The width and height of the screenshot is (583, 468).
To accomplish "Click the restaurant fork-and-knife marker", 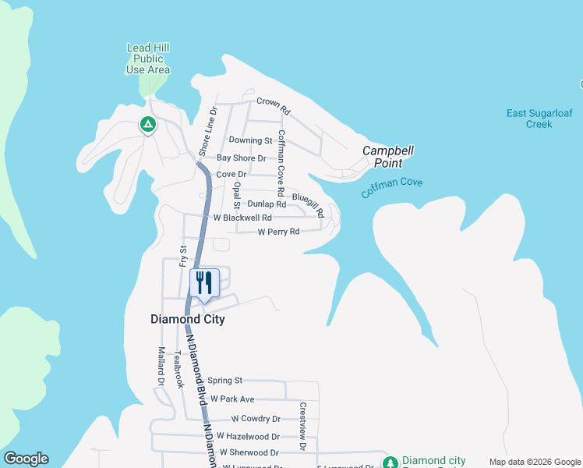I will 204,282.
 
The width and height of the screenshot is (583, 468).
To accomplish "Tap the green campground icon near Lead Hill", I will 147,123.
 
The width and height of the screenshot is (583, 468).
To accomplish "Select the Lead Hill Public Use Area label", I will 148,58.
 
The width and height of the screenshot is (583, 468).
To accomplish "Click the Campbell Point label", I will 382,157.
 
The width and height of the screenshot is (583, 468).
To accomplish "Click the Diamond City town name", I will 187,319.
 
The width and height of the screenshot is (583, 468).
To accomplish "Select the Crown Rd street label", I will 273,101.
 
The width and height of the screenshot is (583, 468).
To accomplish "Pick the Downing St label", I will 250,140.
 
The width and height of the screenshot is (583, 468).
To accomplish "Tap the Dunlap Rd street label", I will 267,204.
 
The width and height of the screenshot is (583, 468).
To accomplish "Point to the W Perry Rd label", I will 278,232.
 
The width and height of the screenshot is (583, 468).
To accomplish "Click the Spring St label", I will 225,381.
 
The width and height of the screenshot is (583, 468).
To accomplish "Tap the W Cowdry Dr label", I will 256,419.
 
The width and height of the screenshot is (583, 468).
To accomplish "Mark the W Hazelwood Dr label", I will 248,436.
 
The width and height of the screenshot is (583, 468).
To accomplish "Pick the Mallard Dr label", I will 161,367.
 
